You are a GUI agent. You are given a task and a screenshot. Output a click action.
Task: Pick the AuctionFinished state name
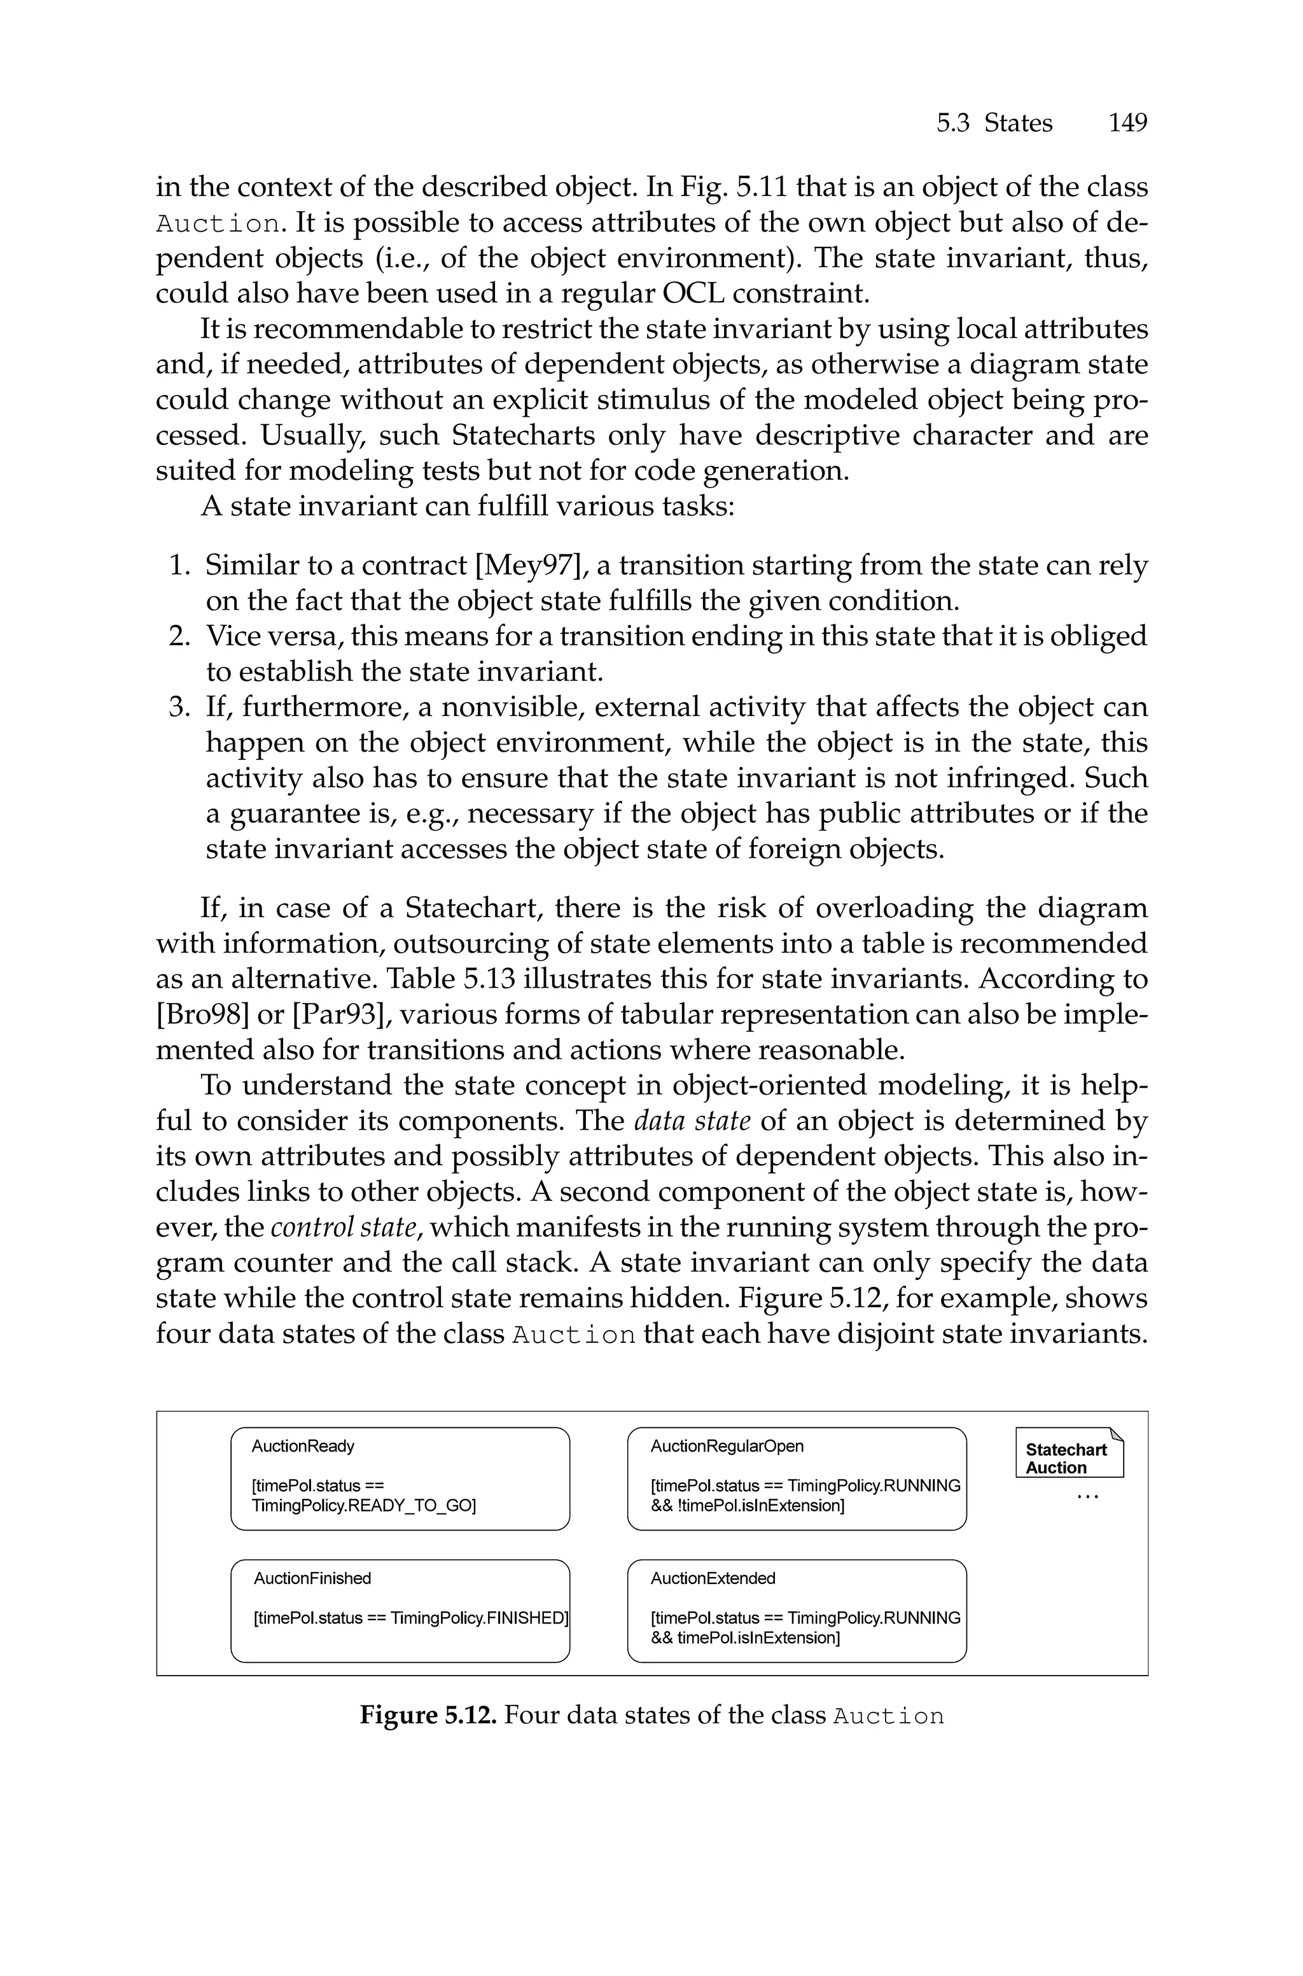tap(312, 1578)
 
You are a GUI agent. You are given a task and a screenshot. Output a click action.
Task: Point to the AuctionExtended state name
tap(713, 1578)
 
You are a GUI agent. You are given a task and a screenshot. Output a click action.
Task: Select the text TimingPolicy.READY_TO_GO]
tap(364, 1506)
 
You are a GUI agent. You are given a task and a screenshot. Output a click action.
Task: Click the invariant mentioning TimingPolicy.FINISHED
tap(410, 1618)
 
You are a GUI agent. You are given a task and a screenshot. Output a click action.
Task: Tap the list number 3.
tap(180, 708)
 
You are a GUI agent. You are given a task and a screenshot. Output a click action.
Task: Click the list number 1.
tap(180, 566)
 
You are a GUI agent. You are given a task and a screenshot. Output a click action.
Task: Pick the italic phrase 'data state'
tap(692, 1121)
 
